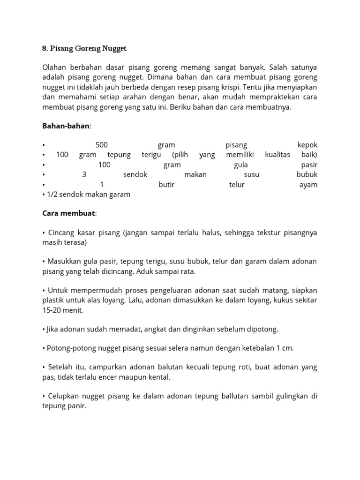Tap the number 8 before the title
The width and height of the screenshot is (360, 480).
[45, 49]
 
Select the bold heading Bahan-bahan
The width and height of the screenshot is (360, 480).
[66, 126]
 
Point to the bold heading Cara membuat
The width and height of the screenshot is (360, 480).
[68, 213]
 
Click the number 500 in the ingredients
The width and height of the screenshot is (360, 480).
[102, 145]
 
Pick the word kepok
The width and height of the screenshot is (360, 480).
[307, 145]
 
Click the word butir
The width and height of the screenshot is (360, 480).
[166, 185]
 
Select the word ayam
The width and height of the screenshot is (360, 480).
[308, 185]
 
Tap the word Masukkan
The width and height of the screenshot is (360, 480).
[65, 262]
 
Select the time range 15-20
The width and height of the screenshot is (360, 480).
[52, 310]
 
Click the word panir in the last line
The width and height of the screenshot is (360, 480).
[76, 405]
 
